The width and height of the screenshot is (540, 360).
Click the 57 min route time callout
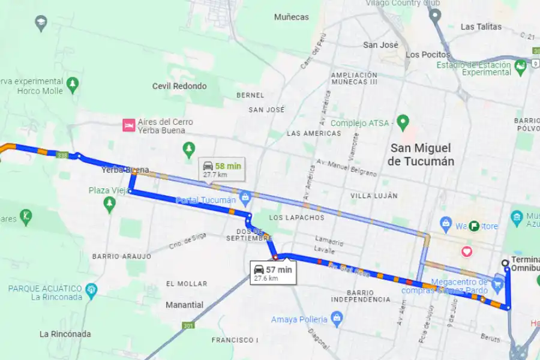coord(272,273)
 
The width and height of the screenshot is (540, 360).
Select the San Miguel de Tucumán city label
coord(421,154)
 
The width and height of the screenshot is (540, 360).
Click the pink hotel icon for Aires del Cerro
coord(128,125)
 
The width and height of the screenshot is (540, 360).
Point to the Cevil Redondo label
coord(179,86)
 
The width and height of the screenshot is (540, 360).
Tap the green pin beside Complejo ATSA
coord(403,123)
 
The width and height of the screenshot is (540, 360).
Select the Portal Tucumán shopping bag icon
coord(244,197)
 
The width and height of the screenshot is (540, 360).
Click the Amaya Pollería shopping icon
coord(337,319)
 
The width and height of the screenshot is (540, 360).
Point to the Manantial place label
coord(184,305)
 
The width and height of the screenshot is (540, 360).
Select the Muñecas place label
coord(291,17)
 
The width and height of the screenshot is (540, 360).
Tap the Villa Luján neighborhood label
coord(373,196)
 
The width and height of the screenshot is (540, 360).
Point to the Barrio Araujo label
coord(121,256)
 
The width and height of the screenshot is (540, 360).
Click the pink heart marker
coord(466,252)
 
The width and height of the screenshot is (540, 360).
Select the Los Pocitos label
coord(428,55)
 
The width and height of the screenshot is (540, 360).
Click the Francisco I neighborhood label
coord(235,340)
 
